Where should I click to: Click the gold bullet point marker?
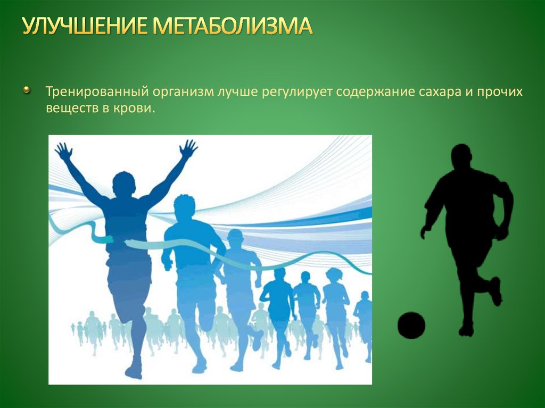pos(27,91)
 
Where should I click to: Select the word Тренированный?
pos(97,91)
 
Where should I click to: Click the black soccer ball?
pos(411,325)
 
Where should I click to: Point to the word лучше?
pos(237,93)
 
